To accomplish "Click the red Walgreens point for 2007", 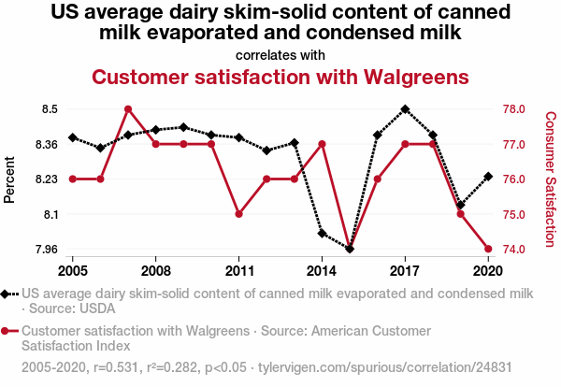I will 128,109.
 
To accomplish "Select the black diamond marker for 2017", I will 405,109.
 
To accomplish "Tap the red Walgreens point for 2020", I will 488,249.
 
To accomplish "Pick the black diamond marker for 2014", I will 322,234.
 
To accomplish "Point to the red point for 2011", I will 239,214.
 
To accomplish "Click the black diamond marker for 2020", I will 488,176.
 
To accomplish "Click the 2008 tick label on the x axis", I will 156,270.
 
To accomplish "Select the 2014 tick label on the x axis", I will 322,270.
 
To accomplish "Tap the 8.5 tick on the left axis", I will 50,109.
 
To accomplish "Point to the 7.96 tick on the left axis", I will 47,249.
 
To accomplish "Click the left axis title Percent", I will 10,179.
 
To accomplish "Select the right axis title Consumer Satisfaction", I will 551,179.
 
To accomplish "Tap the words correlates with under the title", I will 280,55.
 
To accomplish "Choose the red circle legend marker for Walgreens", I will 9,331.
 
